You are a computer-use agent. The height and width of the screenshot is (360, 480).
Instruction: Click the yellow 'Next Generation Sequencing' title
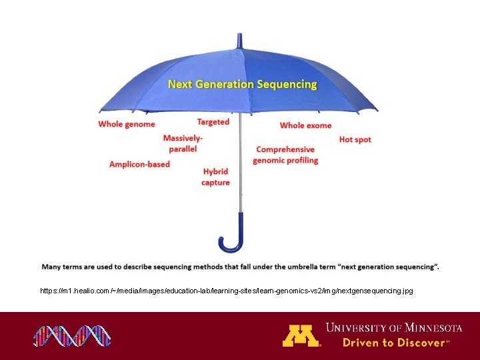242,85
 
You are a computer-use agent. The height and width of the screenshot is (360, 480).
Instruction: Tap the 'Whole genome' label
126,124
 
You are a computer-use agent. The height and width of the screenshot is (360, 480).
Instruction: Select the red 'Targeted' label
213,122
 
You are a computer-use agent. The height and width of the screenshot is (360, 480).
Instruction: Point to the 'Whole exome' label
305,125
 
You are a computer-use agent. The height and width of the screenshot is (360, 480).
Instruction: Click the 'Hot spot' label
355,140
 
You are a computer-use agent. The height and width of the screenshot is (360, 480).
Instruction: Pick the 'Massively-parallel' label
183,143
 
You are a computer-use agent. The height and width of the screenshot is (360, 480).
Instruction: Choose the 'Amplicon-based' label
139,165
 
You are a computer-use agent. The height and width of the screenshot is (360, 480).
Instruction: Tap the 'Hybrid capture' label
215,177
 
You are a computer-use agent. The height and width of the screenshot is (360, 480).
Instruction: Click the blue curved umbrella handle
233,237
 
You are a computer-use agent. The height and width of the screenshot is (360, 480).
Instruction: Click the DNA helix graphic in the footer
72,335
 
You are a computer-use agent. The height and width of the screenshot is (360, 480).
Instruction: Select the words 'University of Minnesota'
393,327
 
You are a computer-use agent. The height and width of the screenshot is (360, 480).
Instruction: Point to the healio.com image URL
226,291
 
